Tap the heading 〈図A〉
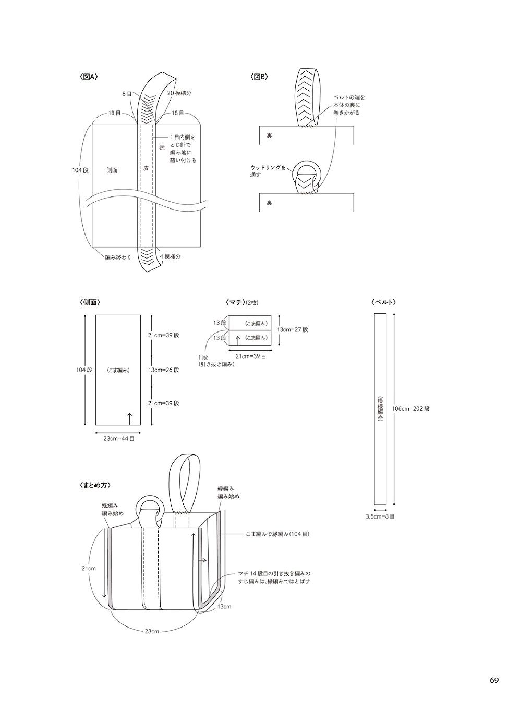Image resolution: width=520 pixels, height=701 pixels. (89, 77)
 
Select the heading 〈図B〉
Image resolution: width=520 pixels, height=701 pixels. (259, 77)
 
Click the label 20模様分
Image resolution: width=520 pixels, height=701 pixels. (179, 93)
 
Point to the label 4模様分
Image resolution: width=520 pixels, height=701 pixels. (170, 256)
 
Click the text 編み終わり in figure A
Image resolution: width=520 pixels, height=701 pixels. (118, 257)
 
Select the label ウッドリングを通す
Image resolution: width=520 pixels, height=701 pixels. (268, 171)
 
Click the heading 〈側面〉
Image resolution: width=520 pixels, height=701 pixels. (90, 302)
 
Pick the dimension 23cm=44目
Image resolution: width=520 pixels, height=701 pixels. (119, 439)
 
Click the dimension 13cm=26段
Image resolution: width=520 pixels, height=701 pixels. (164, 370)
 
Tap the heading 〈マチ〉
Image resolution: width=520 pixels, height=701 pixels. (236, 302)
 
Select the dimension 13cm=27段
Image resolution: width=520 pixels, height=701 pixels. (293, 329)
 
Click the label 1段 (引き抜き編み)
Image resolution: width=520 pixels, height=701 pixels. (216, 361)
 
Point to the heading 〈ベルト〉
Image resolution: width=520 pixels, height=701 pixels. (384, 302)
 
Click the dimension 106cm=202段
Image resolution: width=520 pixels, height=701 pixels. (411, 408)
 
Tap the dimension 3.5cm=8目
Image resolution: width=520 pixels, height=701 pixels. (380, 516)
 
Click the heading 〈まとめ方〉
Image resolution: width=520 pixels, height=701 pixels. (95, 485)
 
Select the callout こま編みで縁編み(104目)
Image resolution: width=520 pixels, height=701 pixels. (277, 534)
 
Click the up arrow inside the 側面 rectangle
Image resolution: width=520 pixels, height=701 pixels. (129, 418)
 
